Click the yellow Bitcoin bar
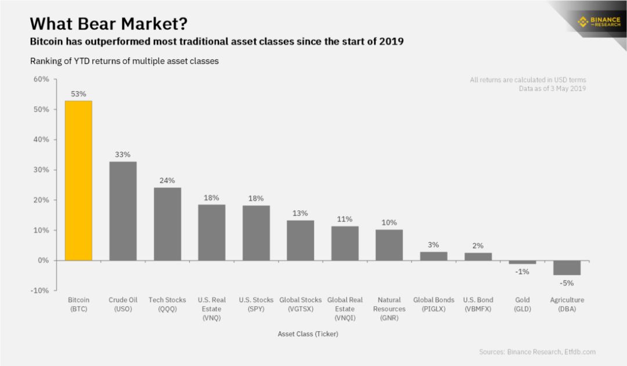click(78, 181)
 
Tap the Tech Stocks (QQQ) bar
click(167, 224)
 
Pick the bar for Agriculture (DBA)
click(567, 268)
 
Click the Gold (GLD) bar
click(522, 263)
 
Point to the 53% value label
click(78, 94)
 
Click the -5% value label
click(567, 284)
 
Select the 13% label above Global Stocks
click(300, 213)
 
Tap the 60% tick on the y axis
click(41, 79)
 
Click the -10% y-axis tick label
click(39, 290)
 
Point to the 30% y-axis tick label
click(41, 170)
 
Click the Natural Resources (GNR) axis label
click(389, 308)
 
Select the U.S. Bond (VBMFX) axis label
click(478, 304)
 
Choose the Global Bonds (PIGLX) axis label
click(434, 304)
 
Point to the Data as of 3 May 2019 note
click(552, 89)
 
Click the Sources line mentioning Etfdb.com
click(537, 351)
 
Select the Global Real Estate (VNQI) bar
click(345, 243)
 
